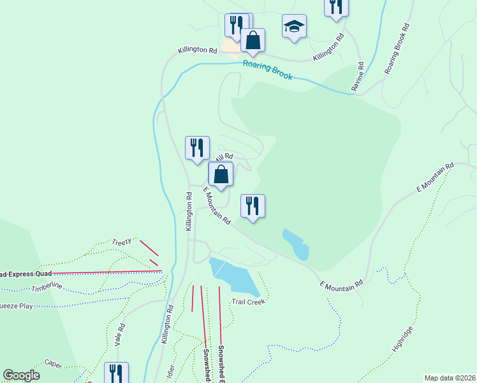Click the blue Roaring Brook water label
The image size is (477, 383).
pos(267,70)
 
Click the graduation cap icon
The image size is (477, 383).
pos(294,26)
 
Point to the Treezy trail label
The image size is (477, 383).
pos(121,242)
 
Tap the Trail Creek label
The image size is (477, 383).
pos(247,301)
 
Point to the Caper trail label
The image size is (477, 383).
pos(54,363)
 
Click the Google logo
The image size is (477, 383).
pos(21,375)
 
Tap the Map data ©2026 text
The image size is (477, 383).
pos(450,377)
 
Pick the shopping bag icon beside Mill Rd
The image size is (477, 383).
pos(221,174)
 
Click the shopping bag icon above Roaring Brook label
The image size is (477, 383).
pos(253,40)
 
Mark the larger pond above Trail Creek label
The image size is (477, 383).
pos(234,276)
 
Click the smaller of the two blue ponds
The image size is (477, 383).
pos(297,243)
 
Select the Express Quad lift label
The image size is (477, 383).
pos(25,274)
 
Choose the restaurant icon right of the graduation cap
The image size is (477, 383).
pos(335,7)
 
